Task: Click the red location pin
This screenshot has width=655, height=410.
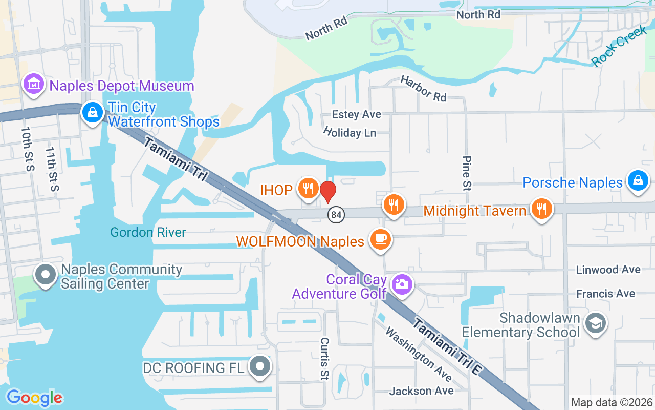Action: pos(327,192)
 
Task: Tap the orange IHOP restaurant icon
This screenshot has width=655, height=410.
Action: pos(308,189)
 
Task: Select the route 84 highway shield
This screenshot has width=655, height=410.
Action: pos(336,215)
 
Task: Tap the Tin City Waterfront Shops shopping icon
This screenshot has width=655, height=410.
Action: pos(92,112)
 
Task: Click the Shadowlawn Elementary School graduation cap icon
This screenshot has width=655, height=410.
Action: pos(595,323)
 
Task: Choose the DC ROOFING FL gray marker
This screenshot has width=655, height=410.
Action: pos(260,366)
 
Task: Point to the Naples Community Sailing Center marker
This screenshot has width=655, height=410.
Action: pos(46,275)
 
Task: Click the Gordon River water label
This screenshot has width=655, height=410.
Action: pos(148,232)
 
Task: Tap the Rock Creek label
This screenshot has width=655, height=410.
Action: pos(619,46)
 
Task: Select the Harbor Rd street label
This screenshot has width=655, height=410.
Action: pos(423,88)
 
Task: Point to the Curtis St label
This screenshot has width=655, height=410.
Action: pos(324,359)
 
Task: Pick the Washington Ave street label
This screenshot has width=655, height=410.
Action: pos(418,354)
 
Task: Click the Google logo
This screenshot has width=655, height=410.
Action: pos(34,397)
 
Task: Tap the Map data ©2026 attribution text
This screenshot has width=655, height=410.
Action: pos(611,402)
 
